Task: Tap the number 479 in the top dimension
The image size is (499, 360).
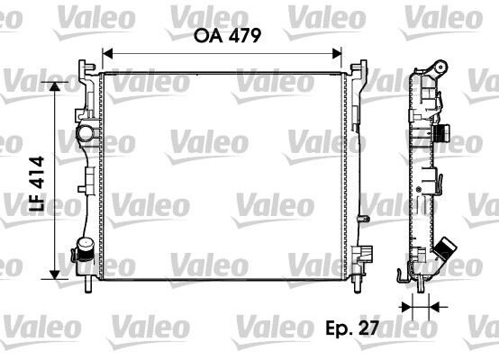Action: pos(244,37)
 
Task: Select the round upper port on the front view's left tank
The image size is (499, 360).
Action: pos(86,135)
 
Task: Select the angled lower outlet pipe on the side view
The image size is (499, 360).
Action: pos(444,251)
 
